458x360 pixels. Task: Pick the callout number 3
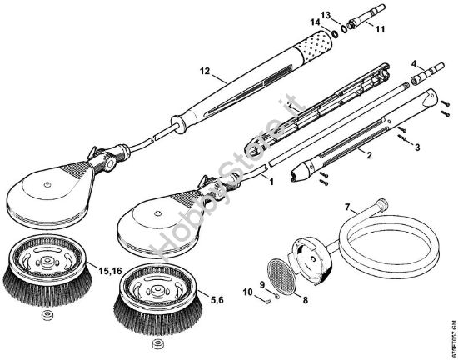click(x=418, y=146)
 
